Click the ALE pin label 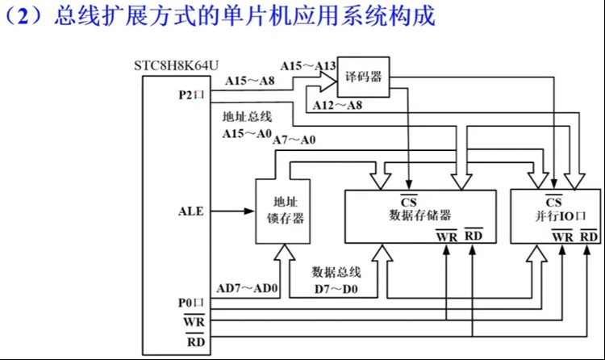pos(191,211)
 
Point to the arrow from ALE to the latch pos(231,211)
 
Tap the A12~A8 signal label pos(337,105)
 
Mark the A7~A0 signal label pos(295,140)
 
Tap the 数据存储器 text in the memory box pos(419,215)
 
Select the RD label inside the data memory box pos(474,236)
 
